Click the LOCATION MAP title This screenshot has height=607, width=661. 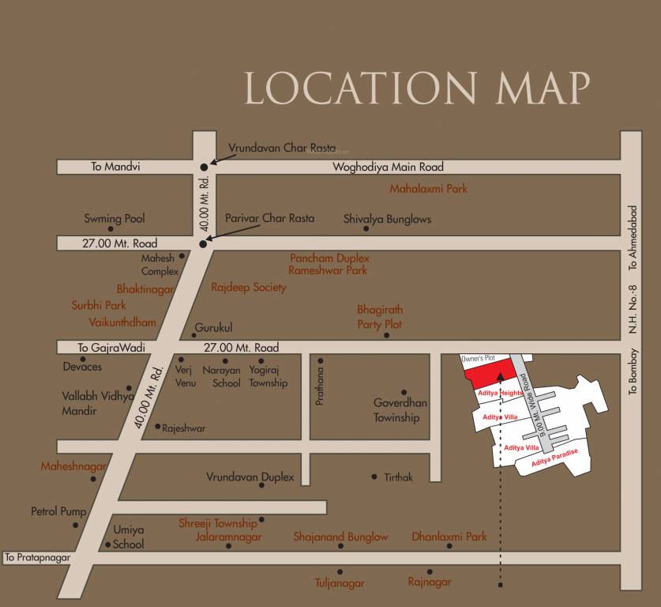(417, 88)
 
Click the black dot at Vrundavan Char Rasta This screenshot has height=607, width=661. (204, 167)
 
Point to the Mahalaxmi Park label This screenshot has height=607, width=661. (429, 189)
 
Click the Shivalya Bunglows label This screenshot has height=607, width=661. (387, 219)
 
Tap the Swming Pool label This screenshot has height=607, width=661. (115, 219)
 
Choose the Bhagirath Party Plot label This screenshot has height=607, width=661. (380, 317)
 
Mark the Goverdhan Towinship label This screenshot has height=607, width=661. (400, 410)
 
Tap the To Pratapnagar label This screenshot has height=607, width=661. (37, 558)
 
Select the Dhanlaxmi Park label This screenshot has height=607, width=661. (449, 537)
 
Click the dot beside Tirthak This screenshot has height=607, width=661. (374, 477)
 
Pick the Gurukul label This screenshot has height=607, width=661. (213, 328)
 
